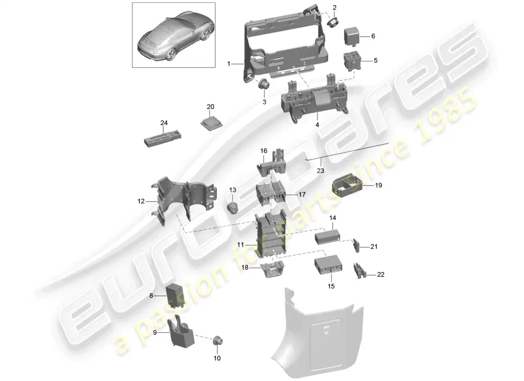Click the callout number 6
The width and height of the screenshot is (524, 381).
pyautogui.click(x=373, y=36)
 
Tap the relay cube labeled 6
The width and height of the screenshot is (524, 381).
pyautogui.click(x=353, y=36)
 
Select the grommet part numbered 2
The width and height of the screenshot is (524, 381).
pyautogui.click(x=333, y=23)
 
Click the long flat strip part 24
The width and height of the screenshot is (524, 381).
pyautogui.click(x=163, y=138)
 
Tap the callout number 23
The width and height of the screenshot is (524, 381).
pyautogui.click(x=320, y=170)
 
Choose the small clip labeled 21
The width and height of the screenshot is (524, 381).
pyautogui.click(x=357, y=246)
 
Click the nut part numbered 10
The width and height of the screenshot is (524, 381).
pyautogui.click(x=218, y=341)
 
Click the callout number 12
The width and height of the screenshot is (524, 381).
pyautogui.click(x=141, y=201)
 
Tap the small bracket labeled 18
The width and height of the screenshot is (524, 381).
pyautogui.click(x=272, y=269)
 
